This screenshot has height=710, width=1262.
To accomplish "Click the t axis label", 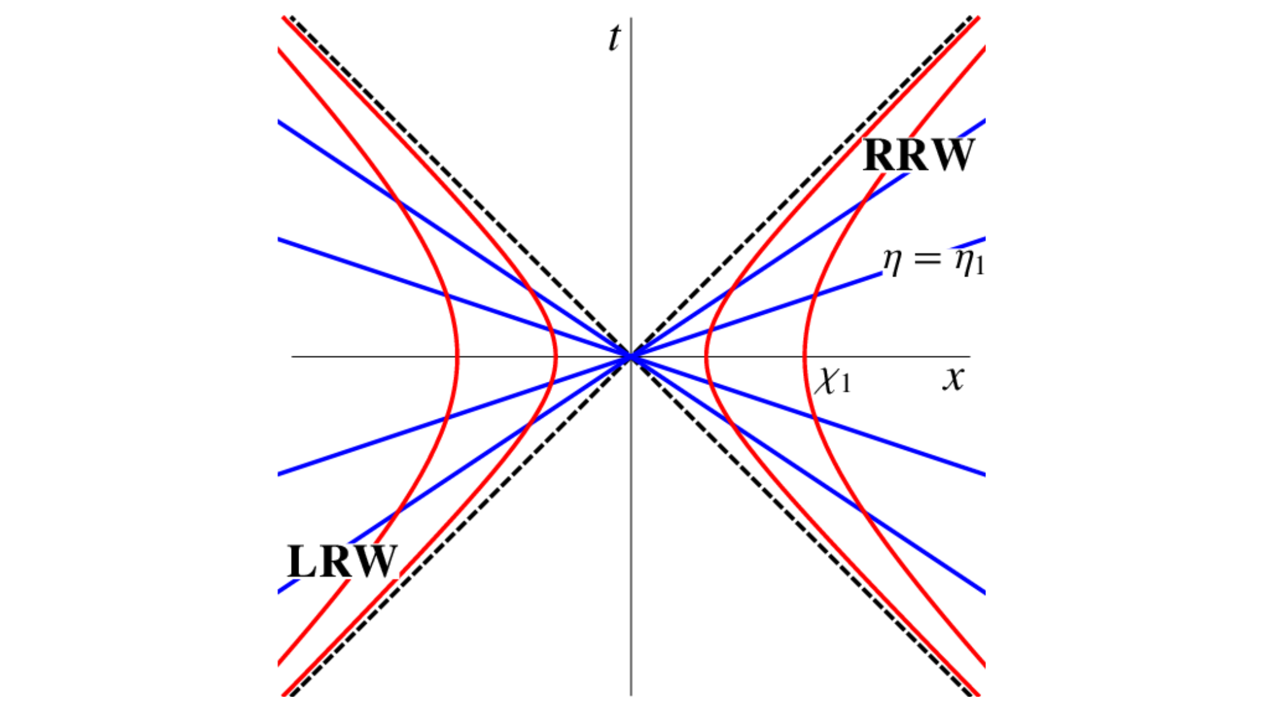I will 614,38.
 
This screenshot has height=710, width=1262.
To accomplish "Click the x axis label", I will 953,378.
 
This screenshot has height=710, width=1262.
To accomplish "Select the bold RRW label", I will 918,155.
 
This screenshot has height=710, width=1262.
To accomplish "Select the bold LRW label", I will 342,561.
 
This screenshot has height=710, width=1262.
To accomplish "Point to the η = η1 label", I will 933,261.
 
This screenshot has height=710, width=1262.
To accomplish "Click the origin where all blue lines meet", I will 631,357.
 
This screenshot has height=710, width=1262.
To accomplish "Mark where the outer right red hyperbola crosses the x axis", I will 805,357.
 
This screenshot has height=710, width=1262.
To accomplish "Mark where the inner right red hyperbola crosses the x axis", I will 707,357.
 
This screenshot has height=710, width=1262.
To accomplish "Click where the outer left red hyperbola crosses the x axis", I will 457,357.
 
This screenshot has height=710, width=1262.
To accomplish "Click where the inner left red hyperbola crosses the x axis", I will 555,357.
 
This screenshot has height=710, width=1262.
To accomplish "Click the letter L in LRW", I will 302,561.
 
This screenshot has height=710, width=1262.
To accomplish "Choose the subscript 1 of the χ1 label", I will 846,384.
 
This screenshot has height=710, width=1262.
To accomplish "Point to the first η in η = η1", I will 892,261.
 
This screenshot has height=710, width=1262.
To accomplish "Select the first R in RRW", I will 878,155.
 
